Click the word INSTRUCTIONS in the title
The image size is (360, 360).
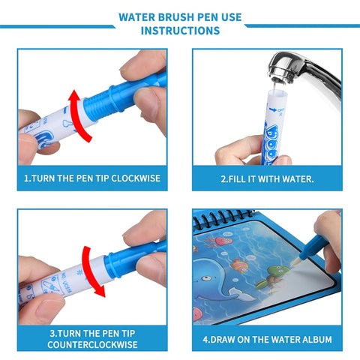coord(180,31)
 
